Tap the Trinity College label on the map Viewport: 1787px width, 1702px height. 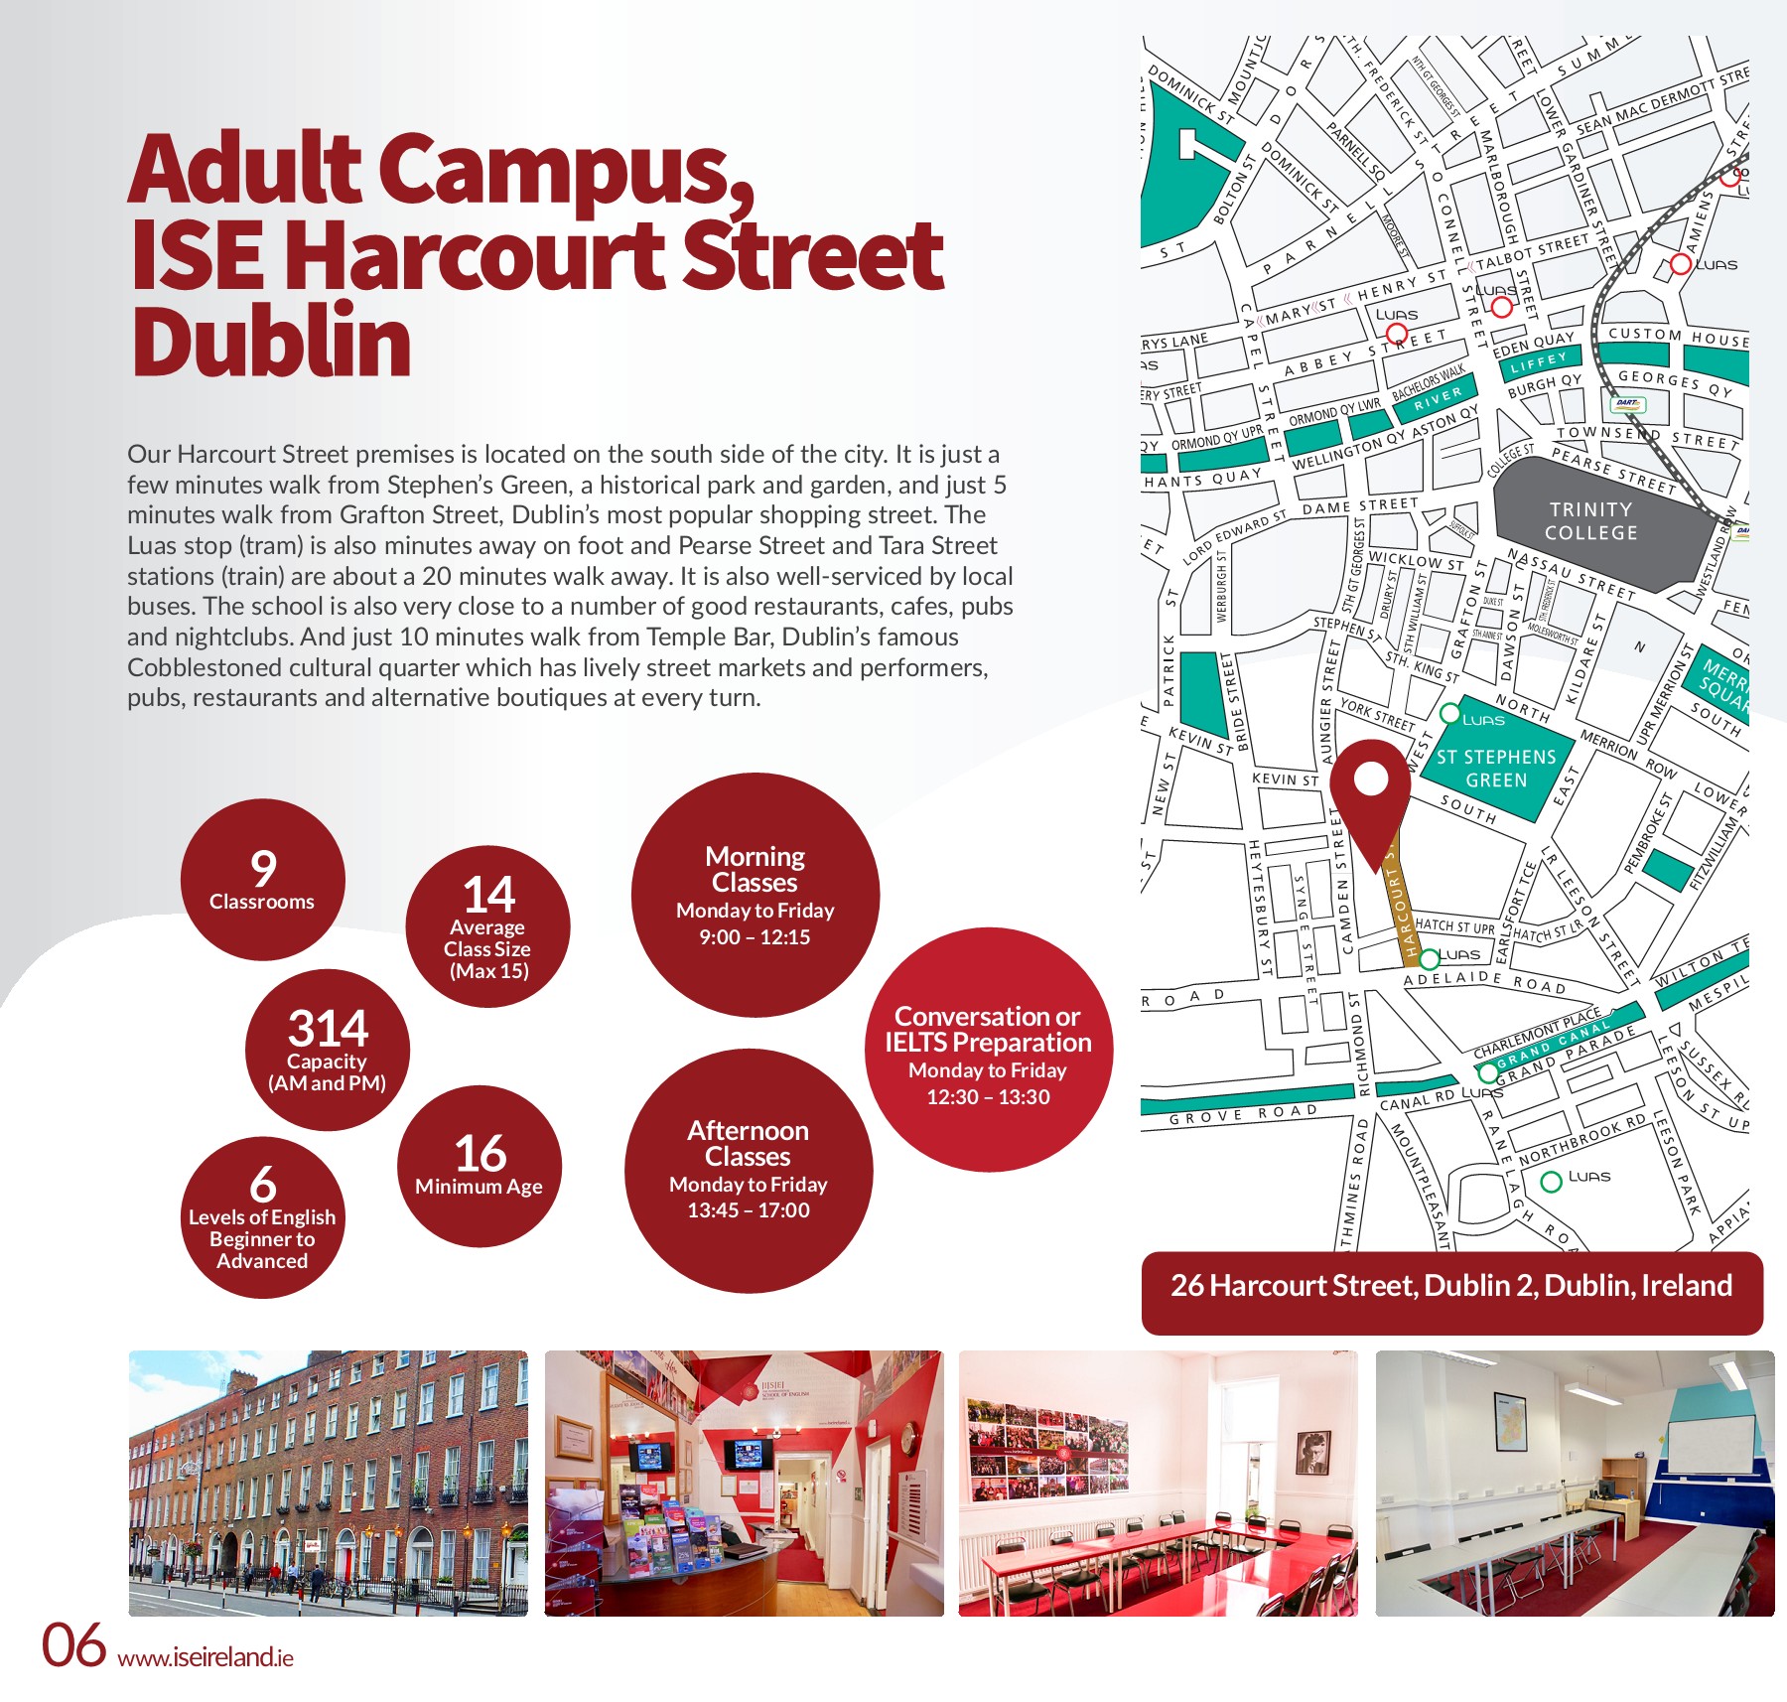(x=1590, y=521)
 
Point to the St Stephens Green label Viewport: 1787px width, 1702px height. (x=1496, y=769)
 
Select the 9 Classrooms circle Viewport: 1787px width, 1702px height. (x=262, y=880)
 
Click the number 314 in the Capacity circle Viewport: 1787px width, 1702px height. (x=328, y=1029)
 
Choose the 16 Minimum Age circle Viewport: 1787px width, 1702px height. (x=480, y=1166)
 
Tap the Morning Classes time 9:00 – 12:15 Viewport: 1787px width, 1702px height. (x=755, y=937)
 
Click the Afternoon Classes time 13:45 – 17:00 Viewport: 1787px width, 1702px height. (x=749, y=1210)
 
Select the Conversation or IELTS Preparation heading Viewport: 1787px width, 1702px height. (x=988, y=1030)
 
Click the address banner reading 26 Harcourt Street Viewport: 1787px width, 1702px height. (x=1450, y=1286)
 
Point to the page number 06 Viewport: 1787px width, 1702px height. (x=73, y=1645)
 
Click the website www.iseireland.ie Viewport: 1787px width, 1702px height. (x=206, y=1657)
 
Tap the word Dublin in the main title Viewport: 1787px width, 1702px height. (x=271, y=342)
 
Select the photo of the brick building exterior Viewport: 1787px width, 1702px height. (x=328, y=1483)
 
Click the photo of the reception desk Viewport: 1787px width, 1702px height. (x=744, y=1483)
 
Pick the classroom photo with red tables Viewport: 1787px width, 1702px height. (x=1158, y=1483)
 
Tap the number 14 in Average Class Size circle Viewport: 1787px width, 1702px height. (x=488, y=895)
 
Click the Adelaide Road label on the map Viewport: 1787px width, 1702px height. (x=1483, y=982)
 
